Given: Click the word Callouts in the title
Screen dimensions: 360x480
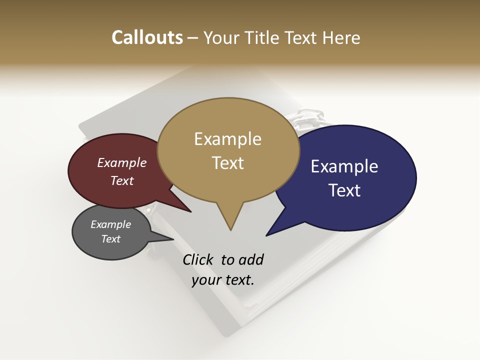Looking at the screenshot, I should [x=147, y=37].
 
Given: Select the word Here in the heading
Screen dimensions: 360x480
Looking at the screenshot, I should [x=341, y=37].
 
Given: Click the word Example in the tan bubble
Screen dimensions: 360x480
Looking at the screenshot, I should [x=227, y=139].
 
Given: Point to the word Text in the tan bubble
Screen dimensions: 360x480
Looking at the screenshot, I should [x=227, y=163].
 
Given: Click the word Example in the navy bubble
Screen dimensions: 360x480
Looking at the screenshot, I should [x=344, y=166].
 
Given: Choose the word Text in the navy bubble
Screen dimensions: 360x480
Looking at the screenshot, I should [x=344, y=190].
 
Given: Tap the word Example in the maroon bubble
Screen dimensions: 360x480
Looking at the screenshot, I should [x=122, y=162].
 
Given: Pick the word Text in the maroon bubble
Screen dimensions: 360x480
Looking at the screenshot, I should [x=122, y=180].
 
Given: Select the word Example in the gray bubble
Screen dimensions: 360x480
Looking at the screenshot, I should [x=111, y=224].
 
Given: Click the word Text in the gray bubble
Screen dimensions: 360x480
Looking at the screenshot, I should [x=111, y=239].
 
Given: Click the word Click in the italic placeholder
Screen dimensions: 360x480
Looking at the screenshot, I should [x=198, y=259].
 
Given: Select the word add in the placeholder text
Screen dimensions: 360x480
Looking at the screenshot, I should [x=251, y=259].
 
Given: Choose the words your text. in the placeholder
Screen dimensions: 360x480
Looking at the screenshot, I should [x=223, y=280].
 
